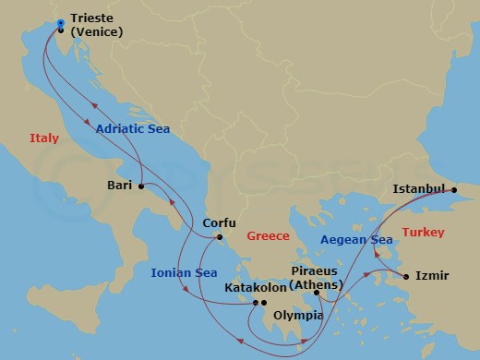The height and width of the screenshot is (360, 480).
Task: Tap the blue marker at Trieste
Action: tap(61, 23)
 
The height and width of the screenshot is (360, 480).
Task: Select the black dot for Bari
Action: tap(141, 186)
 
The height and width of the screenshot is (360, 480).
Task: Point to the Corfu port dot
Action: tap(219, 239)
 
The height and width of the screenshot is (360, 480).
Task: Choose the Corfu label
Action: tap(220, 223)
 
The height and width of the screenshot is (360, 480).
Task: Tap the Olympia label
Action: tap(298, 316)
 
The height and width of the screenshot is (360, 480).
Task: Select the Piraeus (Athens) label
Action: tap(316, 277)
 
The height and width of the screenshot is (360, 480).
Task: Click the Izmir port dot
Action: tap(405, 275)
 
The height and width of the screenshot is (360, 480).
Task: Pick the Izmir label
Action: tap(432, 275)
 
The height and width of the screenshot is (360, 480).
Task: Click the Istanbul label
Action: tap(419, 189)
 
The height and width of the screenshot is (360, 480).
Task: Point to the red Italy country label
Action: tap(42, 138)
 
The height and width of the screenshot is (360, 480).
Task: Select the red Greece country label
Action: tap(269, 236)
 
